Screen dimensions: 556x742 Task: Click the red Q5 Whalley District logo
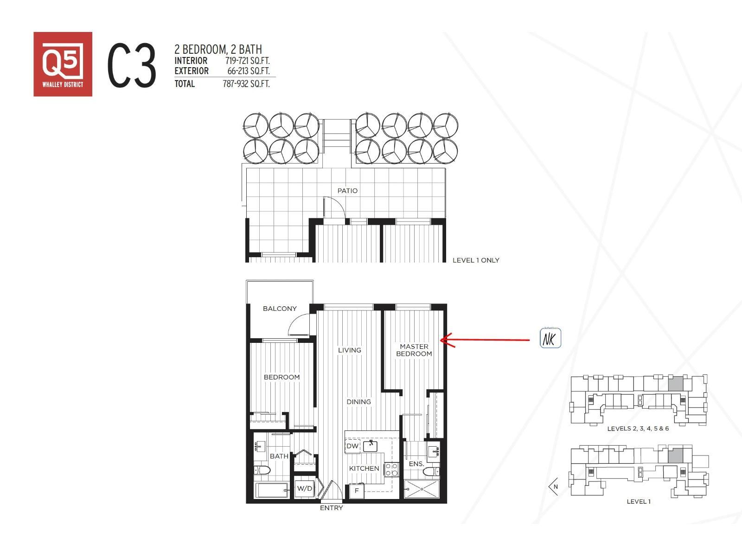63,64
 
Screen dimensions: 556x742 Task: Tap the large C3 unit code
132,65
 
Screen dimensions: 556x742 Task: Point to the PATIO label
347,190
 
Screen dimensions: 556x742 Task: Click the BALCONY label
280,309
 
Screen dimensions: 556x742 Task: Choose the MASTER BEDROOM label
414,350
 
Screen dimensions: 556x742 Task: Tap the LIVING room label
349,350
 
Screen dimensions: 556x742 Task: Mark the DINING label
358,402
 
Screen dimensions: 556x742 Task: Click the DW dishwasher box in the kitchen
352,446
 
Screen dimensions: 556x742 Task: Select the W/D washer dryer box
305,488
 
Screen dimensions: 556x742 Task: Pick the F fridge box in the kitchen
357,491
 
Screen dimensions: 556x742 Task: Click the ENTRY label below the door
331,508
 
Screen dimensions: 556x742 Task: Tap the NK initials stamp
550,338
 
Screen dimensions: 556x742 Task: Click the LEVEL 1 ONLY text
476,260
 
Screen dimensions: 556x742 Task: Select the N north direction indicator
554,486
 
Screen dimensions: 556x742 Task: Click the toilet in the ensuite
430,472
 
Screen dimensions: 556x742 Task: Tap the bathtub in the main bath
272,490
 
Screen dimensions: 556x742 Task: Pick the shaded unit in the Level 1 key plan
675,455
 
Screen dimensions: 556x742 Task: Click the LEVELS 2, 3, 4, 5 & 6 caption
638,429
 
